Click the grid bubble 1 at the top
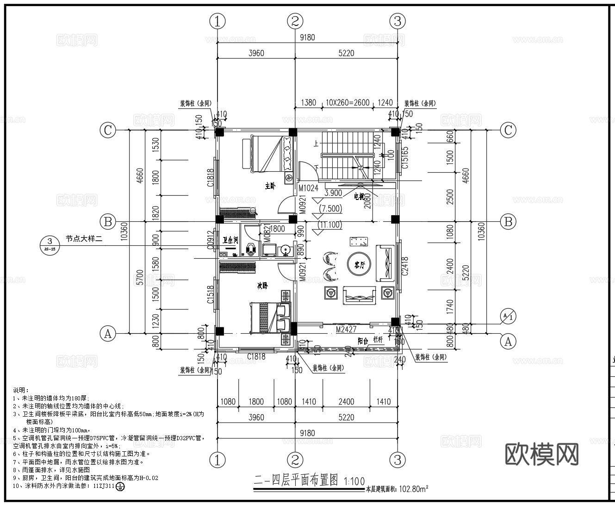(217, 21)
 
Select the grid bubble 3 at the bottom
(397, 460)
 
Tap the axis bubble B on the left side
(108, 222)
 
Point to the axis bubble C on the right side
(508, 130)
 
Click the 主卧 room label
(270, 186)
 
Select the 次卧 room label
(262, 286)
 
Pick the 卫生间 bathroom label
(230, 240)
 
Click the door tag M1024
(308, 188)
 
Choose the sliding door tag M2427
(346, 329)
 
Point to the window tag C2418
(405, 267)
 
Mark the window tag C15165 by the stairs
(405, 157)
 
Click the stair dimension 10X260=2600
(347, 102)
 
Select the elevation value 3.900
(333, 193)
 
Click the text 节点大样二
(83, 239)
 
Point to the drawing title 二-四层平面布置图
(296, 480)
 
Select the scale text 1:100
(354, 481)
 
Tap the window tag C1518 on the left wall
(211, 294)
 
